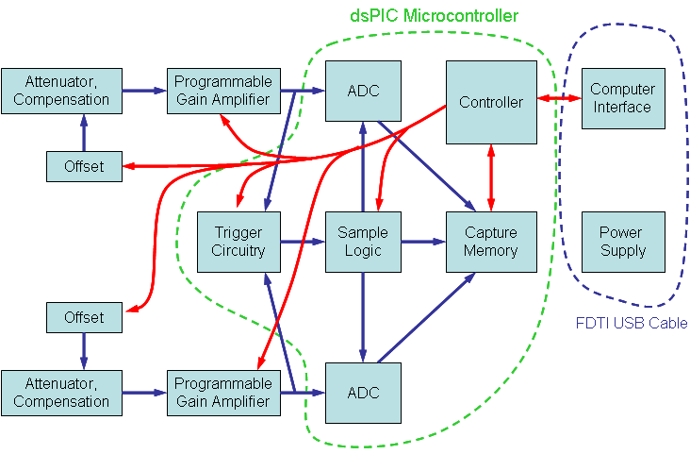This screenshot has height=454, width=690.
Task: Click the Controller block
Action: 490,102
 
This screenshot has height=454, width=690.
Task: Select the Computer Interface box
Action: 622,98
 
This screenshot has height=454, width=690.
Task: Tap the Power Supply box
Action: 622,242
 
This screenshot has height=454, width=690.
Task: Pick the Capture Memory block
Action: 490,242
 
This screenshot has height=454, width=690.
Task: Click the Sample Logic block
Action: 363,242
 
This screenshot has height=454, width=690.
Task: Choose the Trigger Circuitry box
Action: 238,242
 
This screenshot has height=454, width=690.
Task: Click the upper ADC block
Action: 363,91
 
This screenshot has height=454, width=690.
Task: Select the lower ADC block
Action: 363,393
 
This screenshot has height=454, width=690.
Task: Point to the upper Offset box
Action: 84,166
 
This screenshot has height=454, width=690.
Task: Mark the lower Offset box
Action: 84,317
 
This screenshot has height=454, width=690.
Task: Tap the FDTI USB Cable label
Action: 631,323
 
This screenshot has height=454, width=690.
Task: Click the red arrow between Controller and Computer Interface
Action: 559,98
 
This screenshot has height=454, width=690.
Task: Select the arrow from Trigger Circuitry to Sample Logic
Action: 302,242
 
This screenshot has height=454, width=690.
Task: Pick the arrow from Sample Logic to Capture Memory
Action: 423,242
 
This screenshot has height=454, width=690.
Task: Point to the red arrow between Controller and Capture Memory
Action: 490,177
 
